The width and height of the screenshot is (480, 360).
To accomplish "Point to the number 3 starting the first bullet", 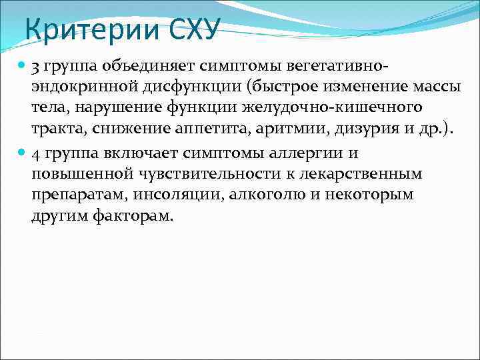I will pos(35,67).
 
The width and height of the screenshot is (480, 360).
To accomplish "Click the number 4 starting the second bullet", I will pos(35,154).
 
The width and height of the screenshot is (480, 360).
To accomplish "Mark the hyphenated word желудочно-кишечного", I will pos(347,109).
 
